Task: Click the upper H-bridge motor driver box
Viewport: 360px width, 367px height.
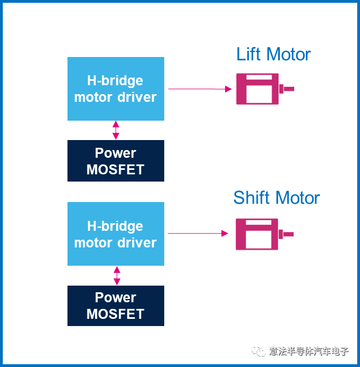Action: [x=116, y=89]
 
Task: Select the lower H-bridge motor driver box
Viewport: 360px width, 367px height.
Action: [x=116, y=234]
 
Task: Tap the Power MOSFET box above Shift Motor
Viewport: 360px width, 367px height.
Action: [x=116, y=161]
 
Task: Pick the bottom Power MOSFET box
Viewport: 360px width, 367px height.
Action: [x=116, y=306]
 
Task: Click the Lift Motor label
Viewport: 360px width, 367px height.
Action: [x=273, y=54]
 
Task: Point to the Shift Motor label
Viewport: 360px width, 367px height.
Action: [x=276, y=198]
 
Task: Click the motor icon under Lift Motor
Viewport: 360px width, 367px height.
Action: [x=257, y=89]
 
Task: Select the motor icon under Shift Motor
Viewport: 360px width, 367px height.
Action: [x=257, y=234]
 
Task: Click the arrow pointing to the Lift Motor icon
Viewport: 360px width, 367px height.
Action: [x=200, y=89]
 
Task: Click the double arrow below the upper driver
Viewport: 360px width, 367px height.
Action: [x=116, y=130]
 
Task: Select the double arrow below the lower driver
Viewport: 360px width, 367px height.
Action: [x=117, y=275]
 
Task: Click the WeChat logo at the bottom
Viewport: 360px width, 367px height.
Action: [x=258, y=351]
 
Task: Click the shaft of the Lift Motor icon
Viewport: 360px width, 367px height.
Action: [x=287, y=89]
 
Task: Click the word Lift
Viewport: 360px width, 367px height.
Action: [x=249, y=54]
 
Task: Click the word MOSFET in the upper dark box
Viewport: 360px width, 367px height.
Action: [x=116, y=169]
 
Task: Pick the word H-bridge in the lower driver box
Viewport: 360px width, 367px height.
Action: [x=116, y=226]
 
